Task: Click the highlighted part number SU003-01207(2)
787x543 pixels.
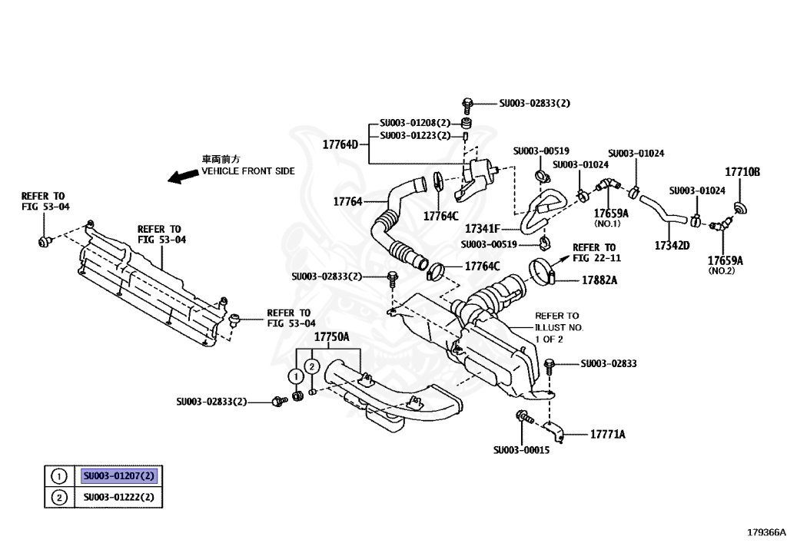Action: [119, 476]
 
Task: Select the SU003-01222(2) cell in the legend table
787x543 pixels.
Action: [119, 497]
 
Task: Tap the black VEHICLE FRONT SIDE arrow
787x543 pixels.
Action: [183, 176]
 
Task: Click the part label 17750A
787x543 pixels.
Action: [331, 337]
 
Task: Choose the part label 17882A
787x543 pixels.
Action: [599, 280]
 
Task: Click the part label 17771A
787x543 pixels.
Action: [607, 434]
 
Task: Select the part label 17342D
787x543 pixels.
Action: [672, 246]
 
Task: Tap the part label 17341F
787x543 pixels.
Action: [483, 229]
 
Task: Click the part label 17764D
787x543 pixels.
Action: [340, 144]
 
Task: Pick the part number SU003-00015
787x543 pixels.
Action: [522, 450]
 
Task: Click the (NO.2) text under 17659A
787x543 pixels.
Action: [720, 271]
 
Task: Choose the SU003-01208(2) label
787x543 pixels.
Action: [414, 123]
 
